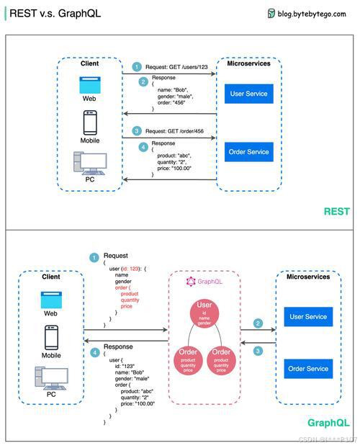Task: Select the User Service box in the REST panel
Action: point(248,94)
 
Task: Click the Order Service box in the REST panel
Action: point(248,152)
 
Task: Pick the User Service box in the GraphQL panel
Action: point(307,317)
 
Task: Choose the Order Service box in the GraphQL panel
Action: point(307,369)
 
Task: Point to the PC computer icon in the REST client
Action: point(91,163)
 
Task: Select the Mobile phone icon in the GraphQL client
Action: point(51,337)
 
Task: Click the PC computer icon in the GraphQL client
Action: point(51,377)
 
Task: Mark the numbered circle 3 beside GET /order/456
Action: point(137,131)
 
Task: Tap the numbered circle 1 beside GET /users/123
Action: point(137,66)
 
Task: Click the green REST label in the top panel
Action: point(336,212)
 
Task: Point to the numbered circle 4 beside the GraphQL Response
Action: point(94,352)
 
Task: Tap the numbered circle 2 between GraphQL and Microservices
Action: point(258,323)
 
